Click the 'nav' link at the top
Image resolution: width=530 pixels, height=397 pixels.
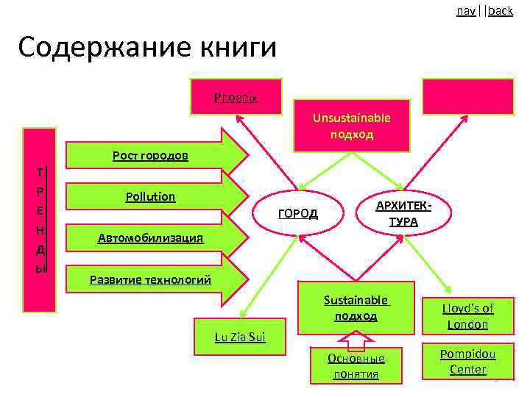coord(465,11)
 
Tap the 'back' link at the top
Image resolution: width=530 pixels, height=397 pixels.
coord(501,11)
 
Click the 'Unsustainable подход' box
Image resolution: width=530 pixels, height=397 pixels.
coord(351,126)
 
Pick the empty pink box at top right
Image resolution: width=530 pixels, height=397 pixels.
coord(467,96)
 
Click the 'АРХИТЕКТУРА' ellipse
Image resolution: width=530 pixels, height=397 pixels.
coord(403,213)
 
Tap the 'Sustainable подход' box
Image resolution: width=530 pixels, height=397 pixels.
coord(356,307)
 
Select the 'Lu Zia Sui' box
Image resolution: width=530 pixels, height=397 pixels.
coord(239,337)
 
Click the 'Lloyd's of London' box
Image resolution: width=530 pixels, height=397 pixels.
coord(467,316)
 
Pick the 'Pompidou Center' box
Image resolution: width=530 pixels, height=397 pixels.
coord(467,361)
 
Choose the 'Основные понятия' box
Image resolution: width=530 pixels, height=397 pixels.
coord(356,365)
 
